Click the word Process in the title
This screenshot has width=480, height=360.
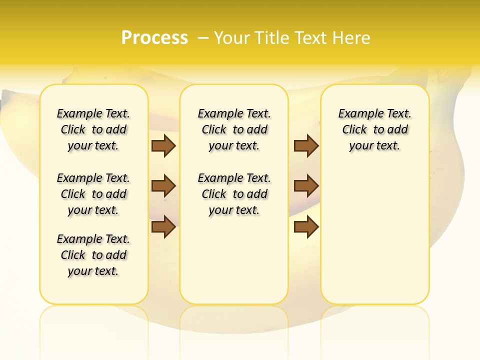pos(154,37)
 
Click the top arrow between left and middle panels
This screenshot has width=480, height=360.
pos(163,145)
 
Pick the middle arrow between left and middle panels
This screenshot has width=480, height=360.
pos(163,186)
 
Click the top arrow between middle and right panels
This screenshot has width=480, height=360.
pos(306,145)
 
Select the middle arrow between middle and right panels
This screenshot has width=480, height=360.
pos(306,186)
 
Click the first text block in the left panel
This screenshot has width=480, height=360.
pos(93,129)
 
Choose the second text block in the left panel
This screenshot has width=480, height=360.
pos(93,194)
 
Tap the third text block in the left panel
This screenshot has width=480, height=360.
pos(93,255)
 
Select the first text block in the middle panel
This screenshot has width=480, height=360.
pos(234,129)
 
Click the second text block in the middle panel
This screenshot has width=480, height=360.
pos(234,194)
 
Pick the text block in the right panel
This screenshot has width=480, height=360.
pos(374,129)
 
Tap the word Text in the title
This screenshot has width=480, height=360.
pos(314,38)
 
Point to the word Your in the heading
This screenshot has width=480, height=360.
pos(232,38)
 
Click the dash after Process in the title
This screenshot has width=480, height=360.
pos(203,38)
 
